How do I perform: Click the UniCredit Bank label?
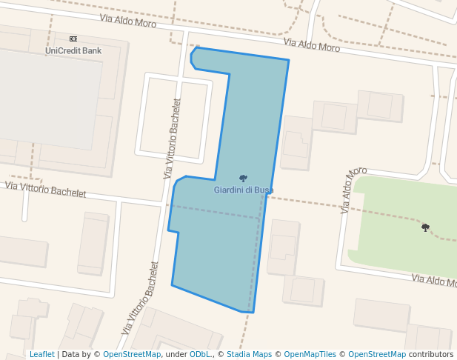pos(73,50)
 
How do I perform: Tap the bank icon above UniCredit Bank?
pos(73,38)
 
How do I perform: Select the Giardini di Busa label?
pos(244,190)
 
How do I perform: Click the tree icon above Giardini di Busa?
pos(243,178)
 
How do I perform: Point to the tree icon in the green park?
pos(425,227)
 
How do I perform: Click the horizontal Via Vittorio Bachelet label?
pos(46,189)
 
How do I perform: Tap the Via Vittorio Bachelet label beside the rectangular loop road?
pos(172,138)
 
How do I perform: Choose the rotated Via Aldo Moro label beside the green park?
pos(353,190)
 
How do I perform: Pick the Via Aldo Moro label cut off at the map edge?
pos(434,281)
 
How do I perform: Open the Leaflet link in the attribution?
pos(41,354)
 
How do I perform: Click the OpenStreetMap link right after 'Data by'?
pos(131,354)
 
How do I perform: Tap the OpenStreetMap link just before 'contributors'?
pos(376,354)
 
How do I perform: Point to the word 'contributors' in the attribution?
pos(431,354)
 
